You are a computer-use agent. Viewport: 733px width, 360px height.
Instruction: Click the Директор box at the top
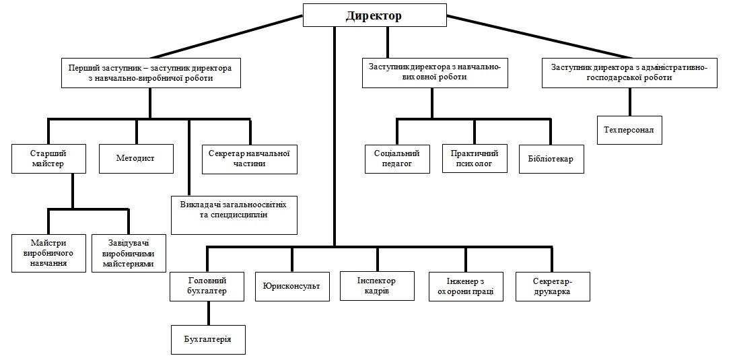pos(375,15)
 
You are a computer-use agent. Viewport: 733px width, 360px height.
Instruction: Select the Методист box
pos(136,159)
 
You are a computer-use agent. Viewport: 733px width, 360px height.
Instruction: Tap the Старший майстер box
pos(48,159)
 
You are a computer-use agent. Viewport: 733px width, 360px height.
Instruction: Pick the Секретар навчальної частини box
pos(250,159)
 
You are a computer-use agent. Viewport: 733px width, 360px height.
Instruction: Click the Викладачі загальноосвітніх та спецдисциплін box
pos(234,215)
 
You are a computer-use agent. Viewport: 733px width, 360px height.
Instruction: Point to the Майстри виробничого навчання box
pos(49,253)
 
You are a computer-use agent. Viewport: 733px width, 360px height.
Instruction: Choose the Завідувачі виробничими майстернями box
pos(129,253)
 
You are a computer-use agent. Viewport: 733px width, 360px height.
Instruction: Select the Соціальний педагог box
pos(397,159)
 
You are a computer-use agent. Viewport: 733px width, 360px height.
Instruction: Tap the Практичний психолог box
pos(475,159)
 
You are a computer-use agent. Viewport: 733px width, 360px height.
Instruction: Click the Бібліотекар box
pos(552,159)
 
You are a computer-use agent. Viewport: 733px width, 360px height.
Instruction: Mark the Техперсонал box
pos(630,130)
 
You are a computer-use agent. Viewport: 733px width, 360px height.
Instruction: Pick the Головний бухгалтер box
pos(207,287)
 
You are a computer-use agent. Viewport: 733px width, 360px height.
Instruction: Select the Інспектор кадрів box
pos(377,286)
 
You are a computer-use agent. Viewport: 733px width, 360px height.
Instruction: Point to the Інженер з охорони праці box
pos(466,287)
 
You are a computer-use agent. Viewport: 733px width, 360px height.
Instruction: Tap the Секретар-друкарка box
pos(553,287)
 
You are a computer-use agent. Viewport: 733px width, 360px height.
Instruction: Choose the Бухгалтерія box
pos(208,339)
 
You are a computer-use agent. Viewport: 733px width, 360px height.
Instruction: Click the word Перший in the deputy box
pos(81,68)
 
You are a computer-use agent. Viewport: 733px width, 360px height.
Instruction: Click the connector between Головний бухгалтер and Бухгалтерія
pos(208,313)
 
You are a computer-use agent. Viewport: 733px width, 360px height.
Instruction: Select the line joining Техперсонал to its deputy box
pos(630,102)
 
